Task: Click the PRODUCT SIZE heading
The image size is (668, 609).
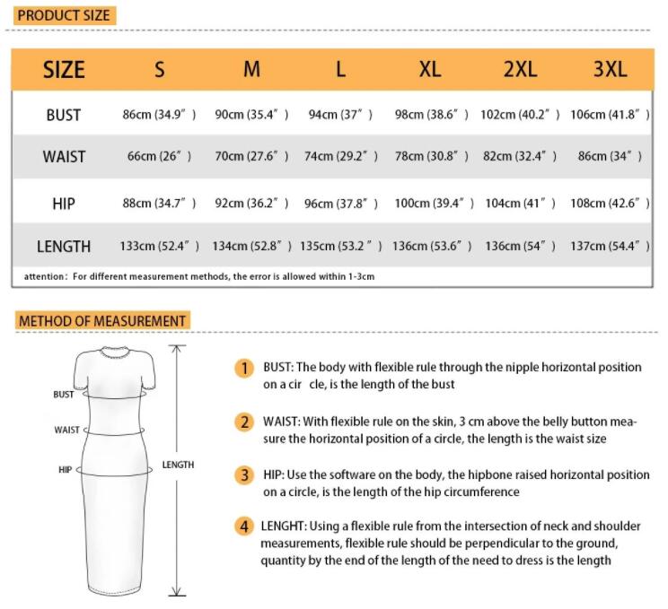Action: pos(64,15)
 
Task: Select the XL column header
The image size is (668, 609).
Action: pos(430,70)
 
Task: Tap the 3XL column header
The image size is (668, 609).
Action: pos(610,70)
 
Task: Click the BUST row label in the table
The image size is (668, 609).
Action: pos(64,115)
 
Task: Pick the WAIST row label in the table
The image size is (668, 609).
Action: pos(64,156)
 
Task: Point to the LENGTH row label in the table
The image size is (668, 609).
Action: pos(64,246)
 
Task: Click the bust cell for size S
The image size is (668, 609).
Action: pos(159,115)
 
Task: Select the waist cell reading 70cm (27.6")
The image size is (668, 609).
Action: pos(251,156)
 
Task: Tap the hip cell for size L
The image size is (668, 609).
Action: pos(341,204)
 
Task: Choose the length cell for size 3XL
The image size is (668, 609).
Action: pos(610,246)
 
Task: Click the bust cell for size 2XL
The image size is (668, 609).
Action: pos(520,115)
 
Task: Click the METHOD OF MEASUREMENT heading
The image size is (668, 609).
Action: pos(102,320)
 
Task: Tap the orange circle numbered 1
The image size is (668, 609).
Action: pos(244,368)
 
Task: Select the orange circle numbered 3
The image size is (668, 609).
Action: pos(244,474)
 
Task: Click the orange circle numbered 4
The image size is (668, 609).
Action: pos(244,526)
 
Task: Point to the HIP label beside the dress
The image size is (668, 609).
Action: pos(65,469)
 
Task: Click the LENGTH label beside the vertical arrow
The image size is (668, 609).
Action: pos(178,465)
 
